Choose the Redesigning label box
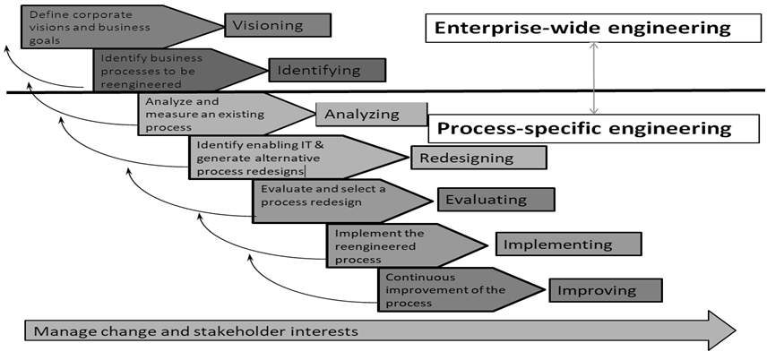tap(478, 159)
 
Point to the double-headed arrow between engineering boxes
tap(592, 79)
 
